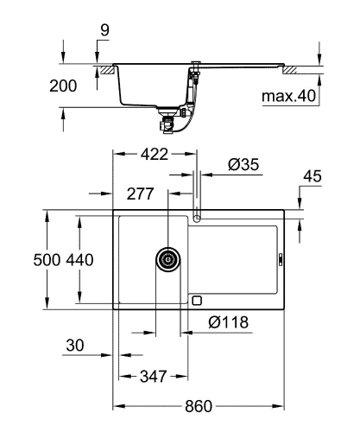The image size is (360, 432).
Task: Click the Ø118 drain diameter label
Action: coord(228,322)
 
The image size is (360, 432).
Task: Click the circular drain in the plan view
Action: coord(167,257)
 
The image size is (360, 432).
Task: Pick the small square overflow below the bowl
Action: coord(197,301)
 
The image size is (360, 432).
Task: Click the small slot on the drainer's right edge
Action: coord(280,257)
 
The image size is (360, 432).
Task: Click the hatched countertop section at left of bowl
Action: coord(106,67)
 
